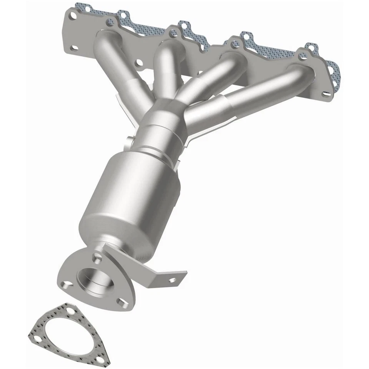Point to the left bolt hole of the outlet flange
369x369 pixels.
coord(68,285)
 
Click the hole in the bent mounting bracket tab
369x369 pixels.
coord(172,280)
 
